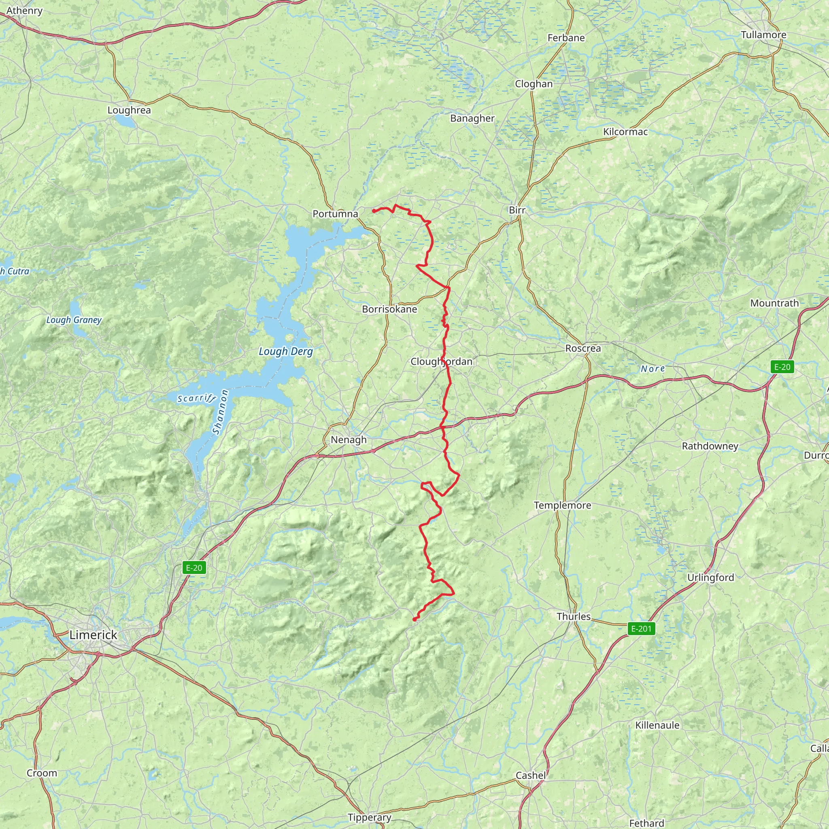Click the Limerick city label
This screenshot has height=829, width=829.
point(93,635)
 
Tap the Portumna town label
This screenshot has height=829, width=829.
point(335,214)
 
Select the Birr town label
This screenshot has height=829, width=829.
point(517,210)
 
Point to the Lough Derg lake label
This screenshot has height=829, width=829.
point(286,351)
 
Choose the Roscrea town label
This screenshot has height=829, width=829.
point(583,348)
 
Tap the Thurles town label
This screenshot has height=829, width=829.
point(573,616)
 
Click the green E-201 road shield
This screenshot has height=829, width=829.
point(641,629)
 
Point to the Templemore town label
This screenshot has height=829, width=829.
point(562,505)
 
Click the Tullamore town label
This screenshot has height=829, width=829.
point(763,35)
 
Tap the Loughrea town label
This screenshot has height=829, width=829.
point(129,110)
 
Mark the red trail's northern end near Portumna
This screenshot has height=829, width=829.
point(374,210)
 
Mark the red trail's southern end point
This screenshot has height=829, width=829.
point(414,620)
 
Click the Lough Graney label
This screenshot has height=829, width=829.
point(74,320)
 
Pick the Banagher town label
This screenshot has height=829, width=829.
point(472,118)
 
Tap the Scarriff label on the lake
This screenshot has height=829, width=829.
point(196,398)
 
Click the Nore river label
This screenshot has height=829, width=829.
point(652,369)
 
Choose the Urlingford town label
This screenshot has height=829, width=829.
point(710,577)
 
